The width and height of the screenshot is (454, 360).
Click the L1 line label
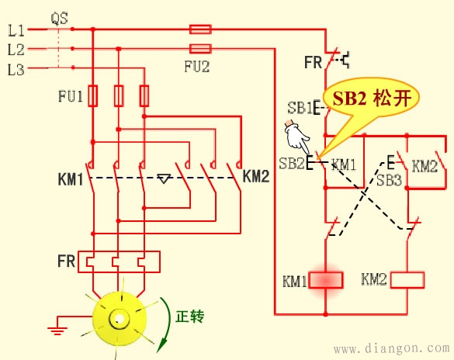(16, 32)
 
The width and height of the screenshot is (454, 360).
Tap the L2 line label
(16, 50)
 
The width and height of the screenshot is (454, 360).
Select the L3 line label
(16, 70)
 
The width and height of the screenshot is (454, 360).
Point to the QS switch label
(58, 16)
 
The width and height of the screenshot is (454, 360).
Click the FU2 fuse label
(197, 67)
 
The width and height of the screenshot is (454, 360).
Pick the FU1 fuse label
(69, 97)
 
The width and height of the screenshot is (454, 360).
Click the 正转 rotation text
(189, 316)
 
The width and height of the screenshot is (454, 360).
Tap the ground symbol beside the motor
(56, 330)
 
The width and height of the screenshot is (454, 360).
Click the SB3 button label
(389, 180)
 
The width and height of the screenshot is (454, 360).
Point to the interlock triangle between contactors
(163, 179)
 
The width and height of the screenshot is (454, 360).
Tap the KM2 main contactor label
(255, 176)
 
